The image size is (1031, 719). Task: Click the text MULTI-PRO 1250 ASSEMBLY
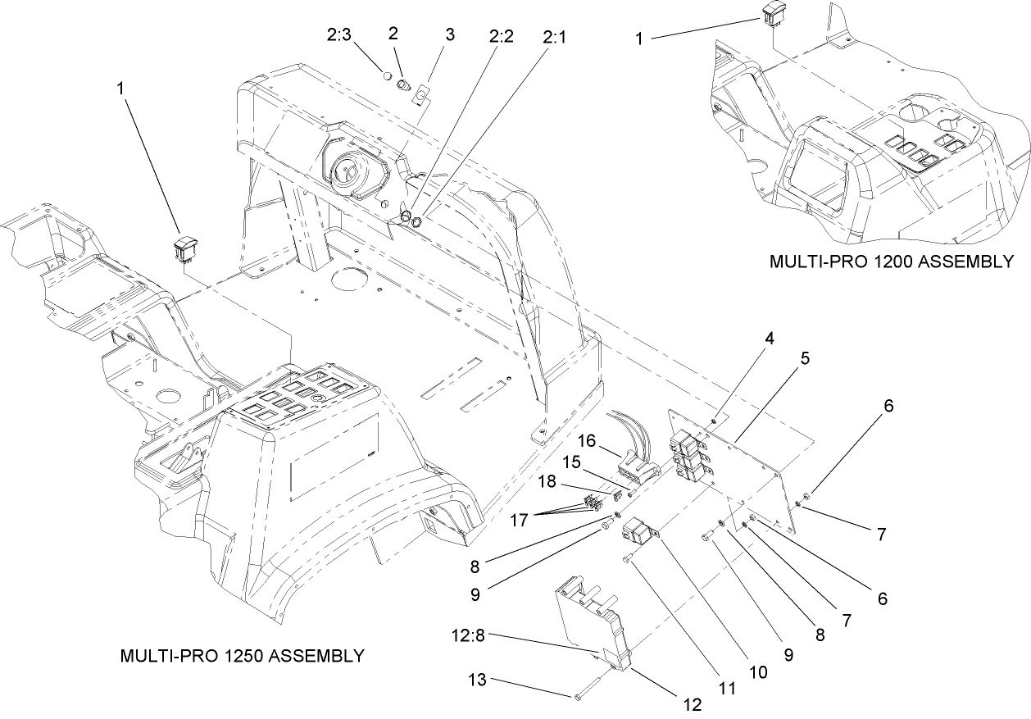tap(242, 656)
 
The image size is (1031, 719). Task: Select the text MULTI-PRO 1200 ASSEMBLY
tap(892, 262)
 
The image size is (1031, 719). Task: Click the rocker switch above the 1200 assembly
tap(773, 12)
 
